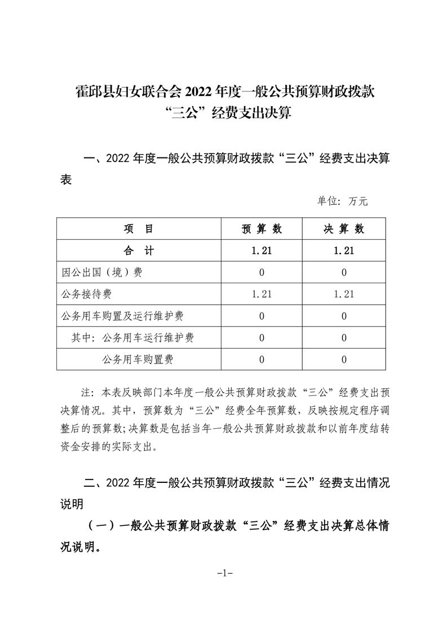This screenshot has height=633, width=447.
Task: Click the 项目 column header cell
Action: (138, 229)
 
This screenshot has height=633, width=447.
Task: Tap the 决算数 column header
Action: (343, 229)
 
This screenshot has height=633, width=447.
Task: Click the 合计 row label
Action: (138, 250)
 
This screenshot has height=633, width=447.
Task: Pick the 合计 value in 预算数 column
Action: (262, 250)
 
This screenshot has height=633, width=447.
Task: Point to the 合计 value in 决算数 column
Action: (343, 250)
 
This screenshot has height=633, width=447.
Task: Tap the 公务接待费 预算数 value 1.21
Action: (262, 294)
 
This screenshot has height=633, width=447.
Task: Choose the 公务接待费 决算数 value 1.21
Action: (343, 294)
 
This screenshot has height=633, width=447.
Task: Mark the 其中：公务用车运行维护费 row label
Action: (132, 337)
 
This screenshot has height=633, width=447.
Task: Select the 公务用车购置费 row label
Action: (138, 359)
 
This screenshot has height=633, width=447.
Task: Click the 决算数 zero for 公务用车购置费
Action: (343, 359)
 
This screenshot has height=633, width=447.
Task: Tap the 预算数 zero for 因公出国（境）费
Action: (262, 272)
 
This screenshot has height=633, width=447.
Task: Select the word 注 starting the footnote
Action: (87, 392)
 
